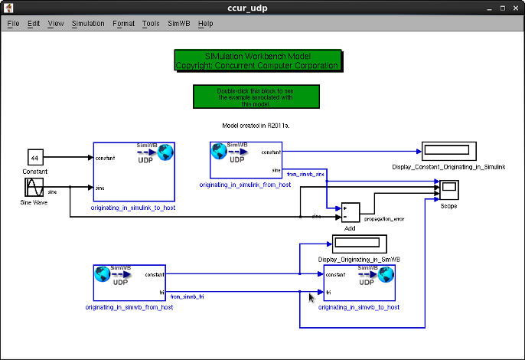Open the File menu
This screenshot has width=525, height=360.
click(x=13, y=23)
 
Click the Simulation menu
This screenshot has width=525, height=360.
click(x=88, y=23)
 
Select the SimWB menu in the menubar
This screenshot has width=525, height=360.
click(x=178, y=23)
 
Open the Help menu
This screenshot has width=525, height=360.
click(x=205, y=23)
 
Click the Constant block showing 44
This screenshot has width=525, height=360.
click(x=34, y=158)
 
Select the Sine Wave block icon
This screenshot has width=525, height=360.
click(x=34, y=188)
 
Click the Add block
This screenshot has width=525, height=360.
click(x=350, y=212)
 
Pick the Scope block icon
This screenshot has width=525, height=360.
click(x=448, y=188)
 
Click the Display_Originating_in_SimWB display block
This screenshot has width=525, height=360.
click(x=358, y=244)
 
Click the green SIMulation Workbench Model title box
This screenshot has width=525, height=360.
click(x=257, y=61)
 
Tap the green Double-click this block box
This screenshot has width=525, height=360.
click(x=256, y=97)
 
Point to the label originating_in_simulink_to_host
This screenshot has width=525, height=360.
click(x=133, y=208)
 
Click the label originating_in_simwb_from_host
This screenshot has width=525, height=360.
click(x=129, y=307)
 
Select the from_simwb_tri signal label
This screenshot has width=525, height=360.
click(x=186, y=296)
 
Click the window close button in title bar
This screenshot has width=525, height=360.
click(x=515, y=8)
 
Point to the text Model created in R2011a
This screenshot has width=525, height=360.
click(x=256, y=124)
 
